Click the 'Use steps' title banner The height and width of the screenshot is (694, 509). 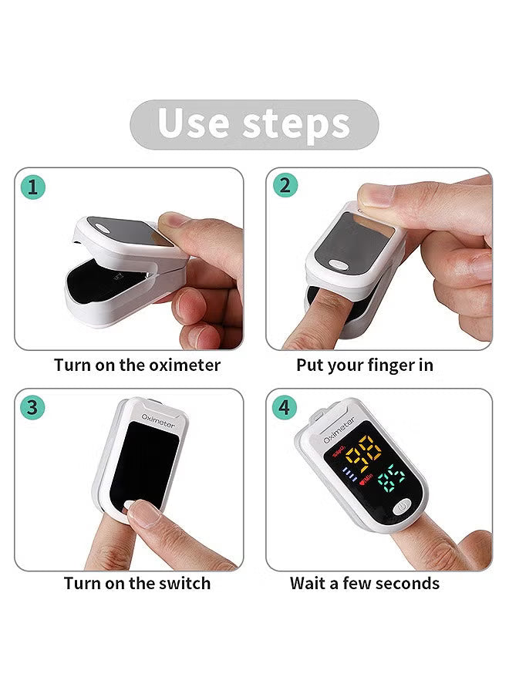(x=254, y=123)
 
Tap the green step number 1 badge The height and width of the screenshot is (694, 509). (x=33, y=187)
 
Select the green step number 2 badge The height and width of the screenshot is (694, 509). (x=285, y=186)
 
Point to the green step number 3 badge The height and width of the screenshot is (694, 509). (x=32, y=407)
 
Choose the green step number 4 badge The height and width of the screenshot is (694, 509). (x=285, y=407)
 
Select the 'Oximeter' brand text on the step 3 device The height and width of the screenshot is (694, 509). (x=157, y=421)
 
